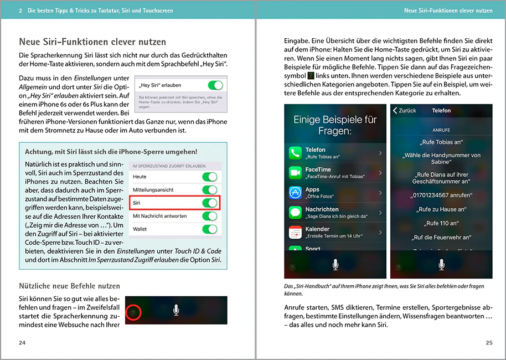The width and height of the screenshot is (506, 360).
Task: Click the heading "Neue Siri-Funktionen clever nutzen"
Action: tap(92, 42)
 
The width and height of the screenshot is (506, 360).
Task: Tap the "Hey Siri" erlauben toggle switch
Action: tap(215, 85)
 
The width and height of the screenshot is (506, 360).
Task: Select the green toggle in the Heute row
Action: tap(210, 177)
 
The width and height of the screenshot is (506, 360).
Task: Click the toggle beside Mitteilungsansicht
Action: tap(210, 189)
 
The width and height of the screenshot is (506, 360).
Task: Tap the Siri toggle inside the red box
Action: tap(210, 203)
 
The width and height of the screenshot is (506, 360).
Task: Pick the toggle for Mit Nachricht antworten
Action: tap(210, 216)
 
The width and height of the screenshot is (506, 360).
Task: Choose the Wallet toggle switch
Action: tap(210, 229)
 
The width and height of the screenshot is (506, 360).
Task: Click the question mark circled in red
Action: tap(133, 313)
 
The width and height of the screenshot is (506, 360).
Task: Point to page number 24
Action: tap(22, 343)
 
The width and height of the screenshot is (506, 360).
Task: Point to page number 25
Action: tap(489, 343)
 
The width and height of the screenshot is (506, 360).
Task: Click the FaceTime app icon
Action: tap(296, 173)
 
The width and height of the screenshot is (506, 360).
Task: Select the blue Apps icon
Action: tap(296, 193)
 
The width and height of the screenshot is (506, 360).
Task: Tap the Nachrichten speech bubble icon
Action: tap(296, 212)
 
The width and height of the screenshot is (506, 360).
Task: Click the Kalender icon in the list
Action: tap(296, 232)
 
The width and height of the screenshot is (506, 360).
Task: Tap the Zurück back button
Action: tap(405, 111)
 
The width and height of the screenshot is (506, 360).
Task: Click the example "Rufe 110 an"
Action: tap(441, 223)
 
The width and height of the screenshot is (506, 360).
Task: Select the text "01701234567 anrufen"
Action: tap(441, 195)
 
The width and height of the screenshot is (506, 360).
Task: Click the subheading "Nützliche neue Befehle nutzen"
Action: tap(69, 286)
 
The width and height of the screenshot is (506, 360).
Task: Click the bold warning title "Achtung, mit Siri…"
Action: tap(111, 152)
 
